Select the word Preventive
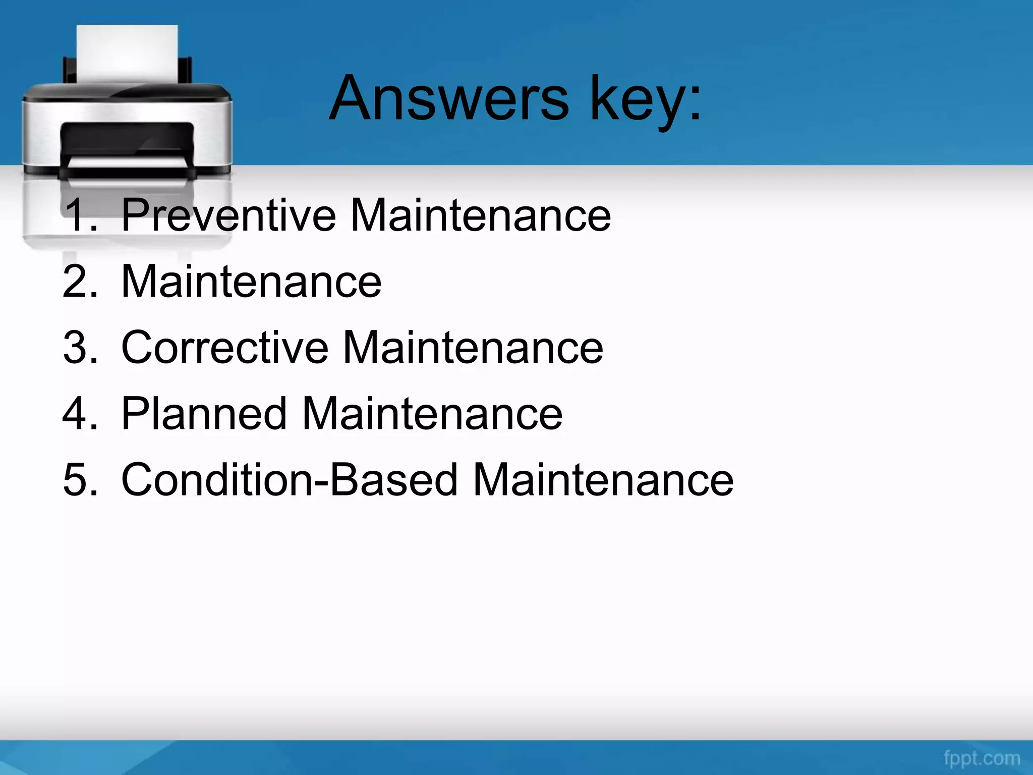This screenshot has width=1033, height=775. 228,215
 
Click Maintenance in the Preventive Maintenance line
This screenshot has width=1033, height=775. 480,215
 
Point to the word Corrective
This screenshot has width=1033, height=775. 225,348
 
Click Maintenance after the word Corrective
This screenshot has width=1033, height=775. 473,348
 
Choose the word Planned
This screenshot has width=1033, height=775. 204,414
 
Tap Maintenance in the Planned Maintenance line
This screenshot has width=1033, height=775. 432,414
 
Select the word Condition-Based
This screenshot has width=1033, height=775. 290,480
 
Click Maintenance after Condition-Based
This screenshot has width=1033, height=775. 603,480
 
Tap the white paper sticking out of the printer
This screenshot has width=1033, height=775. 127,53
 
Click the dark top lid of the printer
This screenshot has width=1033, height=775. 126,93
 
